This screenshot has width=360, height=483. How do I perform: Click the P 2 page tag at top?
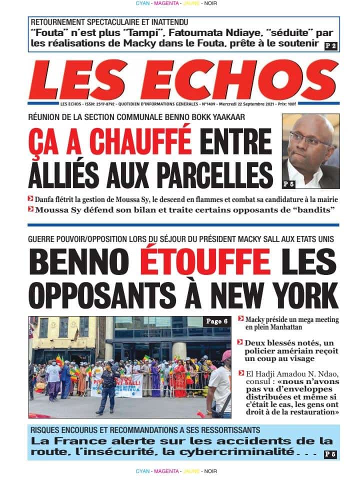pyautogui.click(x=330, y=46)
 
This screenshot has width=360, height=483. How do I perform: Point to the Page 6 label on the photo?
pyautogui.click(x=217, y=322)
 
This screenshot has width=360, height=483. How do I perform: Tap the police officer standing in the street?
pyautogui.click(x=108, y=387)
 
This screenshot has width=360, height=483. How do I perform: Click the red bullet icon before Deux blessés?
pyautogui.click(x=240, y=342)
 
